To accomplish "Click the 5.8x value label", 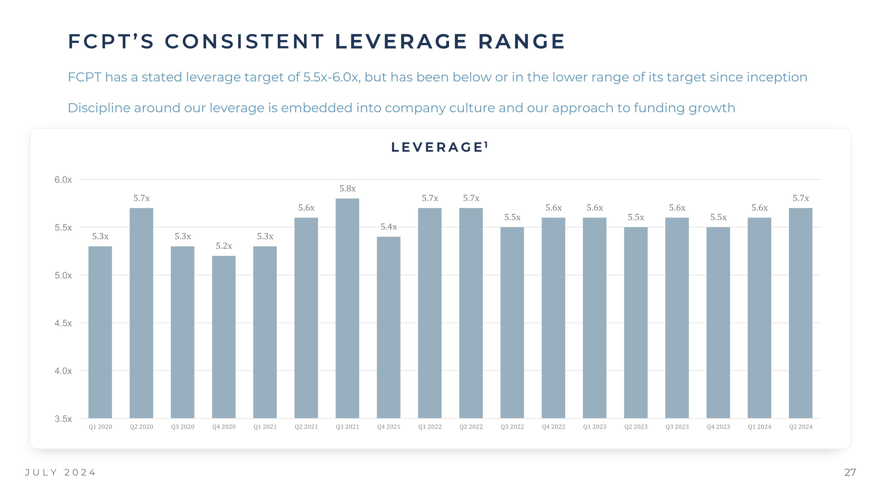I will coord(347,188).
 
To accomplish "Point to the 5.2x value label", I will coord(224,246).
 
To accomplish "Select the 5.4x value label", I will coord(389,227).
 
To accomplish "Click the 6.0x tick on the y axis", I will coord(63,180).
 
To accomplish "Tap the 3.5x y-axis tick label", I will coord(63,419).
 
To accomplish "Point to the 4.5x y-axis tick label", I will coord(63,323).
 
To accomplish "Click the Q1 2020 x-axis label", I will coord(100,427).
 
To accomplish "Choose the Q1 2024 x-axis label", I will coord(759,427).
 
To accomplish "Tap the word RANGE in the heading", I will coord(521,41).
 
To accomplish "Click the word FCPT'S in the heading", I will coord(111,41).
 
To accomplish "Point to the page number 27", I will coord(850,472).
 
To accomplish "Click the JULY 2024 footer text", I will coord(60,472).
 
